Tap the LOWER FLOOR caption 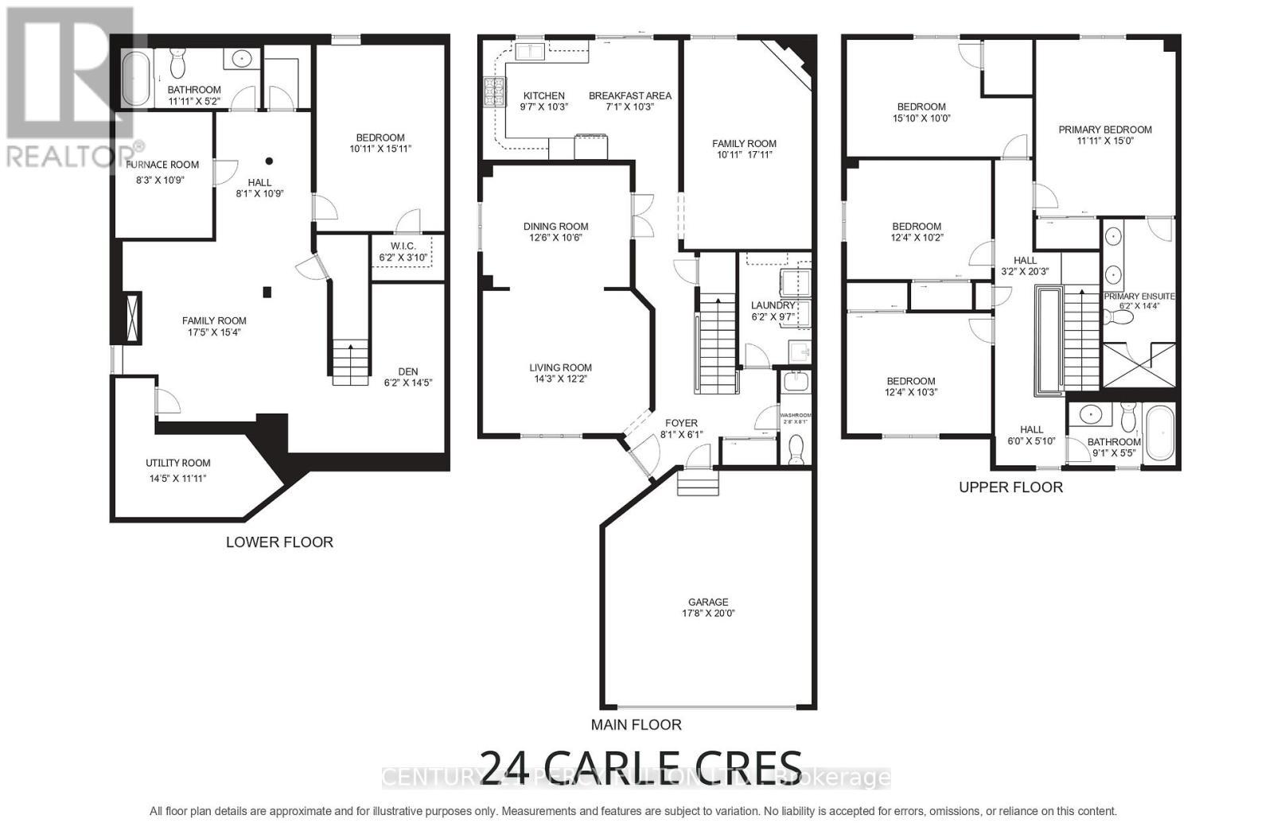click(279, 542)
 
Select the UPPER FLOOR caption click(1010, 487)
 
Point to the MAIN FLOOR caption click(636, 725)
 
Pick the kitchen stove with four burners click(494, 92)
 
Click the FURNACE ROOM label click(162, 165)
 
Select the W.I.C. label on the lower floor click(403, 247)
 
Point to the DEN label click(408, 371)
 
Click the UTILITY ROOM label click(178, 463)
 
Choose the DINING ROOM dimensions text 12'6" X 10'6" click(555, 238)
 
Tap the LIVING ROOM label click(561, 367)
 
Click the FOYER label click(681, 423)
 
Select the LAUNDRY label click(773, 305)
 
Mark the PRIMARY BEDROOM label click(1105, 130)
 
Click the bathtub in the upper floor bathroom click(1160, 433)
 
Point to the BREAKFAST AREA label click(630, 95)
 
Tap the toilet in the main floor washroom click(795, 450)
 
